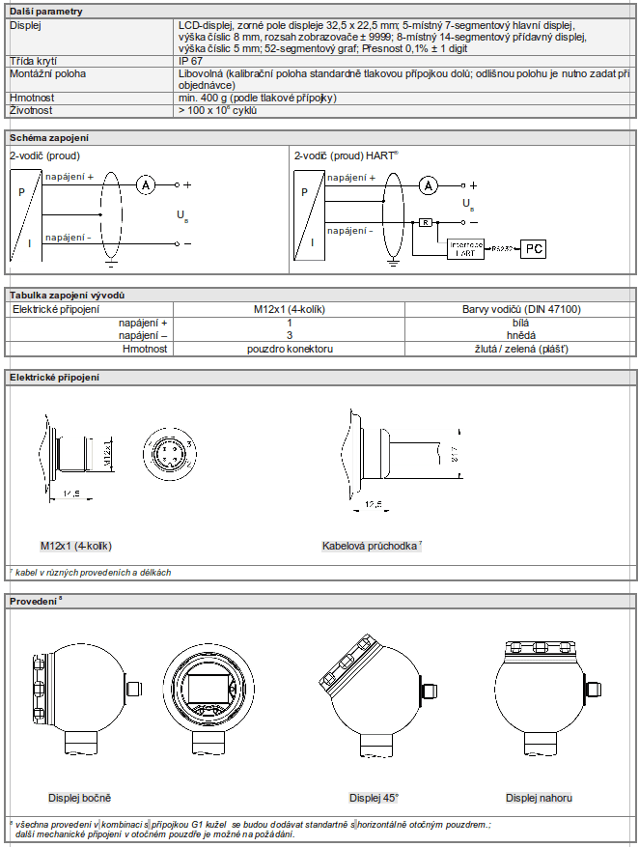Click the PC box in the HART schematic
[534, 249]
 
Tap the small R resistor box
[425, 222]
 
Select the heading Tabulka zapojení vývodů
[67, 295]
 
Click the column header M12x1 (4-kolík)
[290, 309]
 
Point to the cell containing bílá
[522, 323]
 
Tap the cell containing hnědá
[522, 335]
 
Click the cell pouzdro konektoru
[290, 349]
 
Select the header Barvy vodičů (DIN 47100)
[522, 309]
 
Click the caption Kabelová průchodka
[371, 546]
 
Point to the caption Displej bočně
[79, 797]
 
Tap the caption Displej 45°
[374, 797]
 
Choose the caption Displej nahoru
[539, 797]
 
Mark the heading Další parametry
[46, 11]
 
